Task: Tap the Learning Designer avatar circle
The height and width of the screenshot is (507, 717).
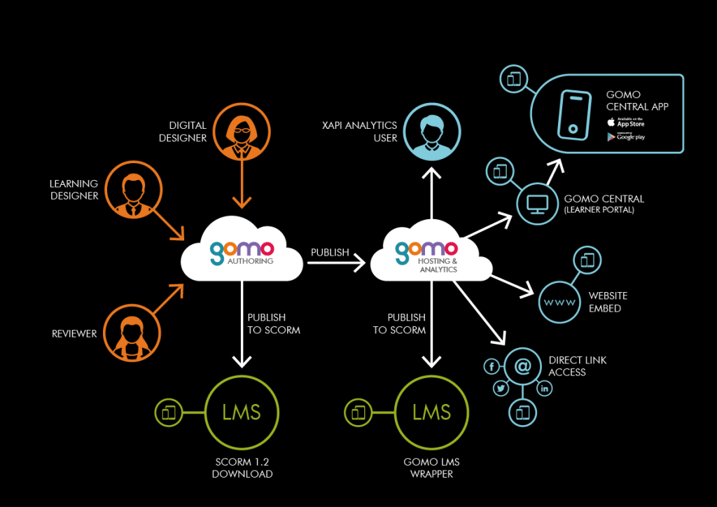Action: [x=134, y=190]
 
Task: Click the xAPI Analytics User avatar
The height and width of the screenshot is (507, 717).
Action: [x=432, y=130]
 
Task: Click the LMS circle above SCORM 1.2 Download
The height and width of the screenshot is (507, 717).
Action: [x=242, y=412]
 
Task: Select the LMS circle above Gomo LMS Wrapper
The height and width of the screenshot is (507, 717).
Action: [x=431, y=412]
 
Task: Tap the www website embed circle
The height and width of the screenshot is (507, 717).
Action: [x=559, y=303]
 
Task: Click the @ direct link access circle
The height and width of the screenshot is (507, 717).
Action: [x=522, y=366]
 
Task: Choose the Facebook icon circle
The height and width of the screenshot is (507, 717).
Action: [x=492, y=366]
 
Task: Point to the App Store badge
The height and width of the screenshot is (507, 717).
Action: [x=626, y=123]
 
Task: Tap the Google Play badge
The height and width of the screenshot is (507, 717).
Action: [x=626, y=137]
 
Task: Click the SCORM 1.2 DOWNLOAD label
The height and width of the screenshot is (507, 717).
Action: [x=242, y=468]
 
